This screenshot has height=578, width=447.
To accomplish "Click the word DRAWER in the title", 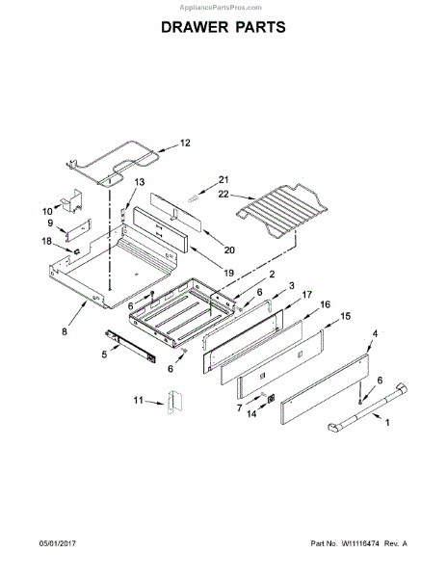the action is click(195, 27).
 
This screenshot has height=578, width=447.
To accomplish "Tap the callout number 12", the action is click(185, 143).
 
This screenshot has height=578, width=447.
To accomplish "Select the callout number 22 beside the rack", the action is click(223, 194).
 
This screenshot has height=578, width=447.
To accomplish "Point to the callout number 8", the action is click(65, 331).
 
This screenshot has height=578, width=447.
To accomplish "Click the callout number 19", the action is click(229, 274).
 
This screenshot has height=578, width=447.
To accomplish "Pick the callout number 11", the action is click(138, 400).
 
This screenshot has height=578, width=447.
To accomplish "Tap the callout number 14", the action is click(251, 414).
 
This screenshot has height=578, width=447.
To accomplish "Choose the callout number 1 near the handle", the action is click(387, 423).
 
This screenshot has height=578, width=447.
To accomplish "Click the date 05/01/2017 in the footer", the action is click(58, 543).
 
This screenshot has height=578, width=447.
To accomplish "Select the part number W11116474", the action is click(360, 543).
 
